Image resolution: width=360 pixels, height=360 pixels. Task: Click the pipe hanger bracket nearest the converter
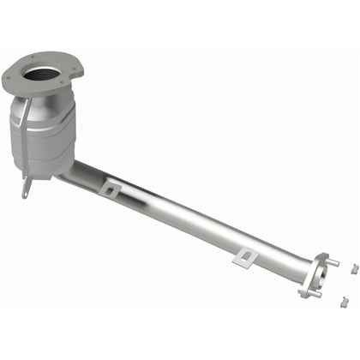click(x=109, y=187)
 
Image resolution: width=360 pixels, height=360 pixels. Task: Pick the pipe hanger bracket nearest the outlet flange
click(x=245, y=256)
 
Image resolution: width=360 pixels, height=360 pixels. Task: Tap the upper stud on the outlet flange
click(x=333, y=262)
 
